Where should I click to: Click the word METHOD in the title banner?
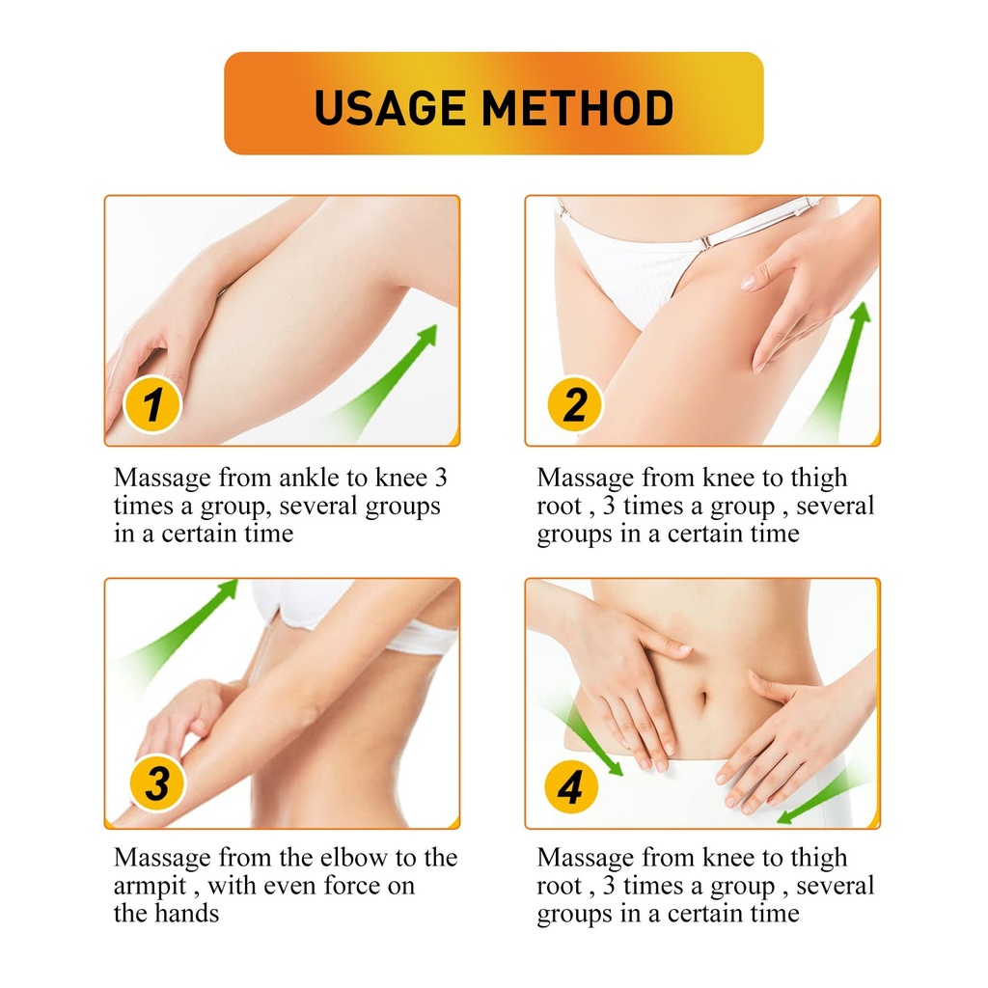pyautogui.click(x=578, y=108)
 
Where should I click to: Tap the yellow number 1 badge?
pyautogui.click(x=152, y=404)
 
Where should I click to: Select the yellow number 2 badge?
pyautogui.click(x=574, y=404)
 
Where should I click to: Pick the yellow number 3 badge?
pyautogui.click(x=157, y=783)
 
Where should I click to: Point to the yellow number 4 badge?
pyautogui.click(x=571, y=787)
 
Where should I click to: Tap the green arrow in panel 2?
pyautogui.click(x=838, y=371)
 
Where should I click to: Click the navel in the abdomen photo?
pyautogui.click(x=704, y=699)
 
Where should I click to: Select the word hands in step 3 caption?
pyautogui.click(x=187, y=913)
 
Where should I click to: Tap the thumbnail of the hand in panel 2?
pyautogui.click(x=748, y=281)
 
